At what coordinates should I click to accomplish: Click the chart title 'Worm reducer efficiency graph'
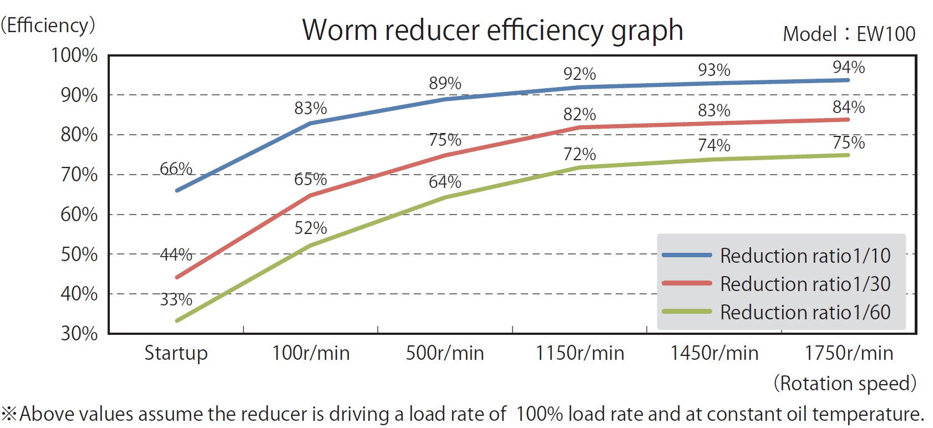tap(493, 30)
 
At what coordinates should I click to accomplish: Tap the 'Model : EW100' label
tap(849, 34)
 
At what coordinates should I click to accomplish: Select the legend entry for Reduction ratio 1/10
tap(805, 256)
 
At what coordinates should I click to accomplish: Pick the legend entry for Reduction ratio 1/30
tap(805, 284)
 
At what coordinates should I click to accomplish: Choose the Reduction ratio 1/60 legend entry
tap(805, 312)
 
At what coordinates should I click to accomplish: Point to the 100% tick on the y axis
tap(74, 55)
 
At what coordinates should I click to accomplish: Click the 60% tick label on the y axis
tap(79, 215)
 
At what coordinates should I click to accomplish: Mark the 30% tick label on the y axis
tap(79, 334)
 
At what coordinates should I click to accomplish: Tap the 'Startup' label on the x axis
tap(176, 353)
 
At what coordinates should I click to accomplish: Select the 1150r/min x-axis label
tap(580, 353)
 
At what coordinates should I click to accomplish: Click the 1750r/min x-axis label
tap(849, 353)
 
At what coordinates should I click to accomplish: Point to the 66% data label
tap(176, 169)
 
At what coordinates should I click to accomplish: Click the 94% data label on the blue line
tap(849, 68)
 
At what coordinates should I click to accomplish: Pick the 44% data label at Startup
tap(176, 254)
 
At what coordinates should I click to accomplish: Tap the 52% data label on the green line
tap(311, 228)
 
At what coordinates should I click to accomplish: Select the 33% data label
tap(176, 300)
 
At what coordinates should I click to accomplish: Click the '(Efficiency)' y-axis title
tap(48, 26)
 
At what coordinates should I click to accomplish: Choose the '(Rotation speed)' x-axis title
tap(845, 384)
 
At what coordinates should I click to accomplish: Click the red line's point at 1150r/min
tap(580, 128)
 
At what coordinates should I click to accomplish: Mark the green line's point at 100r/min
tap(311, 246)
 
